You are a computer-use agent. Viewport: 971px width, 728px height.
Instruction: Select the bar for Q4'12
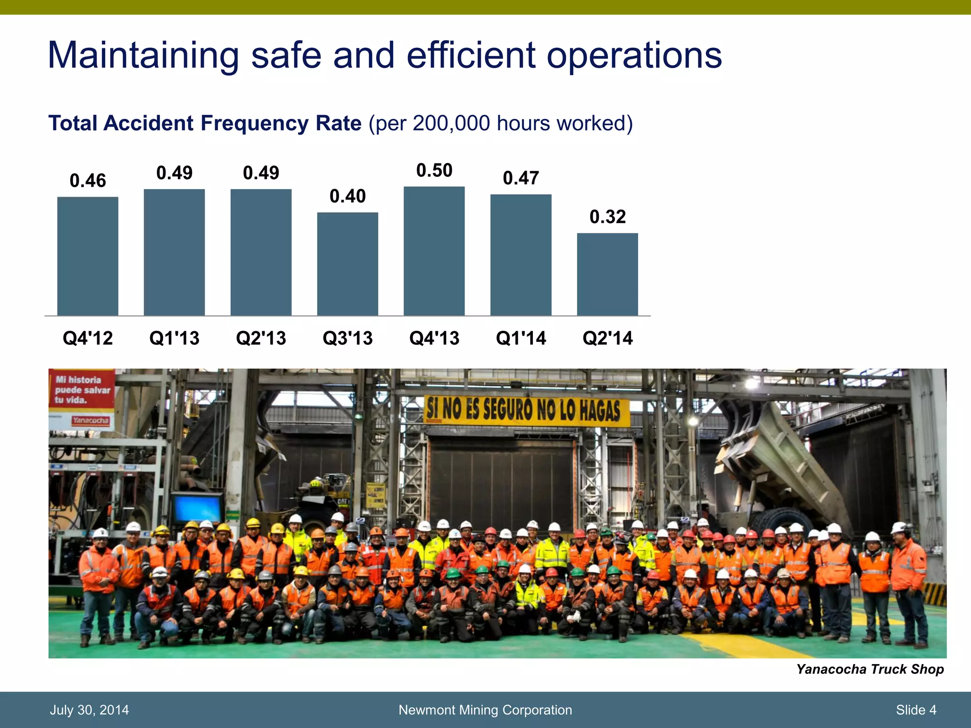88,256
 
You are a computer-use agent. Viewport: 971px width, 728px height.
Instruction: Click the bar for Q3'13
348,264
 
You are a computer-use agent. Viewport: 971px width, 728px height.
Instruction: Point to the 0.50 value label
434,171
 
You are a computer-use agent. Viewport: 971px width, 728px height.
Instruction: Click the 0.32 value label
607,217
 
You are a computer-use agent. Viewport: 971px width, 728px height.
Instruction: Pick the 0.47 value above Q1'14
521,178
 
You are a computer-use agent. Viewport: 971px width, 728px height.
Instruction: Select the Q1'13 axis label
174,338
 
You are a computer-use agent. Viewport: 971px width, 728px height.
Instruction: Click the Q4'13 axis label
434,338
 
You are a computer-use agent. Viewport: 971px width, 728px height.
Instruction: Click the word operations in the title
634,56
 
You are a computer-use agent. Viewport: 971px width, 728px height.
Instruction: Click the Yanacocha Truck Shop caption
870,669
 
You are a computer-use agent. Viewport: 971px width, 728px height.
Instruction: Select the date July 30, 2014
89,710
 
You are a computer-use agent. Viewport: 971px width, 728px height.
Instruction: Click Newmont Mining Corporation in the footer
485,710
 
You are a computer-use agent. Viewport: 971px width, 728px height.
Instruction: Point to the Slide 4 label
916,710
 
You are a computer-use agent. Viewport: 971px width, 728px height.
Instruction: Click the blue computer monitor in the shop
197,507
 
